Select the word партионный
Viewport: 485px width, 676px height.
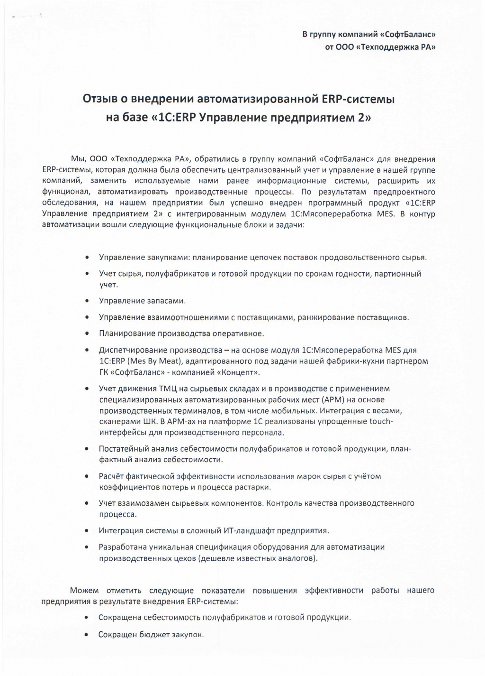click(398, 274)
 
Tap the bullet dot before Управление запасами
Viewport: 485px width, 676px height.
click(87, 301)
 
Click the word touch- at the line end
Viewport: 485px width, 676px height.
click(380, 421)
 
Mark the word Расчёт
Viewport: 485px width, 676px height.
click(111, 476)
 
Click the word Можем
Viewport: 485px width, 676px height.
click(84, 591)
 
